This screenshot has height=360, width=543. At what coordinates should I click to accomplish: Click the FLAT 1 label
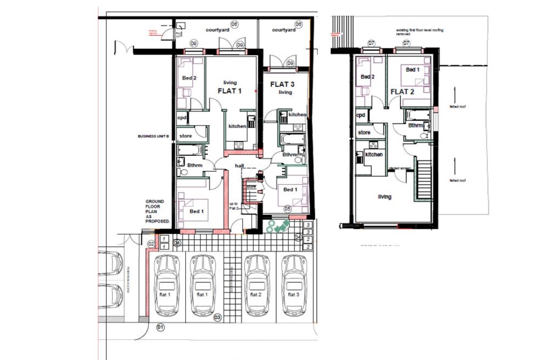(229, 91)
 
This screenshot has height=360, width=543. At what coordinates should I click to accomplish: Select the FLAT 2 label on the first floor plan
(402, 91)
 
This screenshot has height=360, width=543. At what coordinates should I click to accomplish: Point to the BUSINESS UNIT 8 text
(153, 136)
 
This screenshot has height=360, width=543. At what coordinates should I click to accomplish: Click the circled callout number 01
(160, 326)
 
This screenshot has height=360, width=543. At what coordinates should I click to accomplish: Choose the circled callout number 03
(217, 318)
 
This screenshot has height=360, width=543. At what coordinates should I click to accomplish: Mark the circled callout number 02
(151, 244)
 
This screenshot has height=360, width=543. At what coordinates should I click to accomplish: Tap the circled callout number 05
(287, 209)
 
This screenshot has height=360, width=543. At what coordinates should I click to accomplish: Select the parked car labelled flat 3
(294, 285)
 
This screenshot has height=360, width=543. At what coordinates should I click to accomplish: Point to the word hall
(239, 166)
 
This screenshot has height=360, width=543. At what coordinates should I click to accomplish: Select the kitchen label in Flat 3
(297, 114)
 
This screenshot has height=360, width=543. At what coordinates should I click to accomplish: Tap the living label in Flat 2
(384, 197)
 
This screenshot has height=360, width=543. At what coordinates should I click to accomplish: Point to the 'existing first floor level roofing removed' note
(416, 32)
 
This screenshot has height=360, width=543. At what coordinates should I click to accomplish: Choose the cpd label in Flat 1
(182, 118)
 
